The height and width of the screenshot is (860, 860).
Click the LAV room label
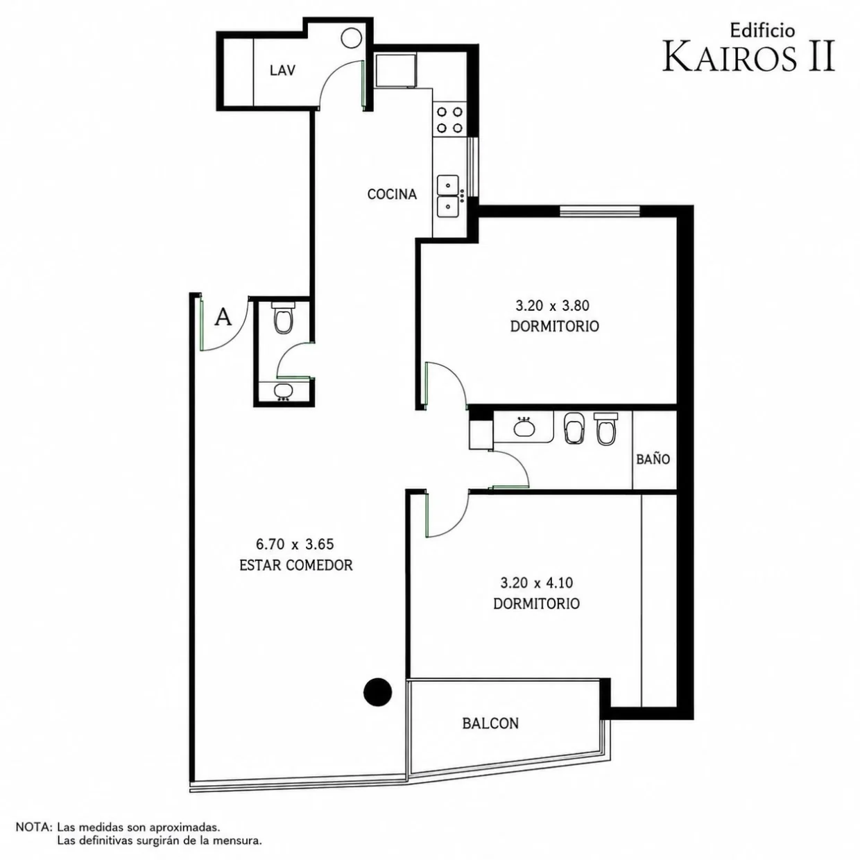point(282,71)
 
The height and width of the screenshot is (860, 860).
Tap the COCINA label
point(392,194)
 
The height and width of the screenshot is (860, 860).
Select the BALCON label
point(490,723)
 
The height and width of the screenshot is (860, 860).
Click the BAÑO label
point(653,459)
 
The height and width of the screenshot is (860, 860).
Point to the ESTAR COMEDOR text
point(296,565)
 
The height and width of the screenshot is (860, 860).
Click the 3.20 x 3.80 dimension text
point(553,306)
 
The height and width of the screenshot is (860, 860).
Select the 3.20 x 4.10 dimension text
point(536,583)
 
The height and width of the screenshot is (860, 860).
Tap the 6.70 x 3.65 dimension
point(295,544)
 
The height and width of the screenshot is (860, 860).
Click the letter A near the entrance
point(223,318)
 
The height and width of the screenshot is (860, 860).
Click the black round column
point(377,692)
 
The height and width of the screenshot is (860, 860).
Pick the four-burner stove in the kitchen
point(449,120)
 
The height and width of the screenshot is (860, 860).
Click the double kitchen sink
point(448,196)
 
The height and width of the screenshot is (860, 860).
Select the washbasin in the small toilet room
point(283,390)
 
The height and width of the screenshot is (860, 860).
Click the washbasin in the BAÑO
point(524,427)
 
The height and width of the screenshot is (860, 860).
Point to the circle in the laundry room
point(351,38)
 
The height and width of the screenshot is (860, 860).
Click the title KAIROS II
point(748,57)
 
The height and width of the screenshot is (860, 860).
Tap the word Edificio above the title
point(762,31)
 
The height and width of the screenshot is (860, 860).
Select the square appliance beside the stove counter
point(395,70)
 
